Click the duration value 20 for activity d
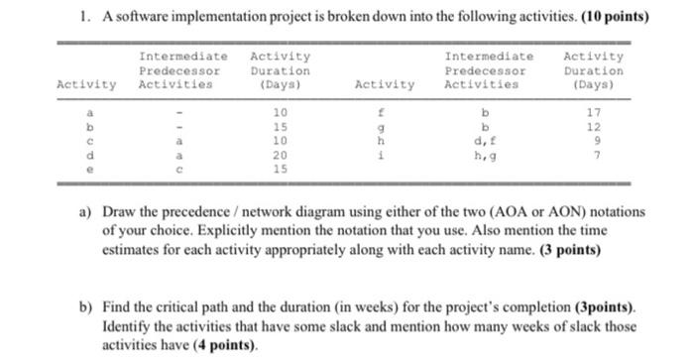point(280,156)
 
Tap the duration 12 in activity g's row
point(593,127)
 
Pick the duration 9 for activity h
point(593,141)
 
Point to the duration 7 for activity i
point(593,156)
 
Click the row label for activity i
point(385,156)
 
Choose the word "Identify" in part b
point(128,326)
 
